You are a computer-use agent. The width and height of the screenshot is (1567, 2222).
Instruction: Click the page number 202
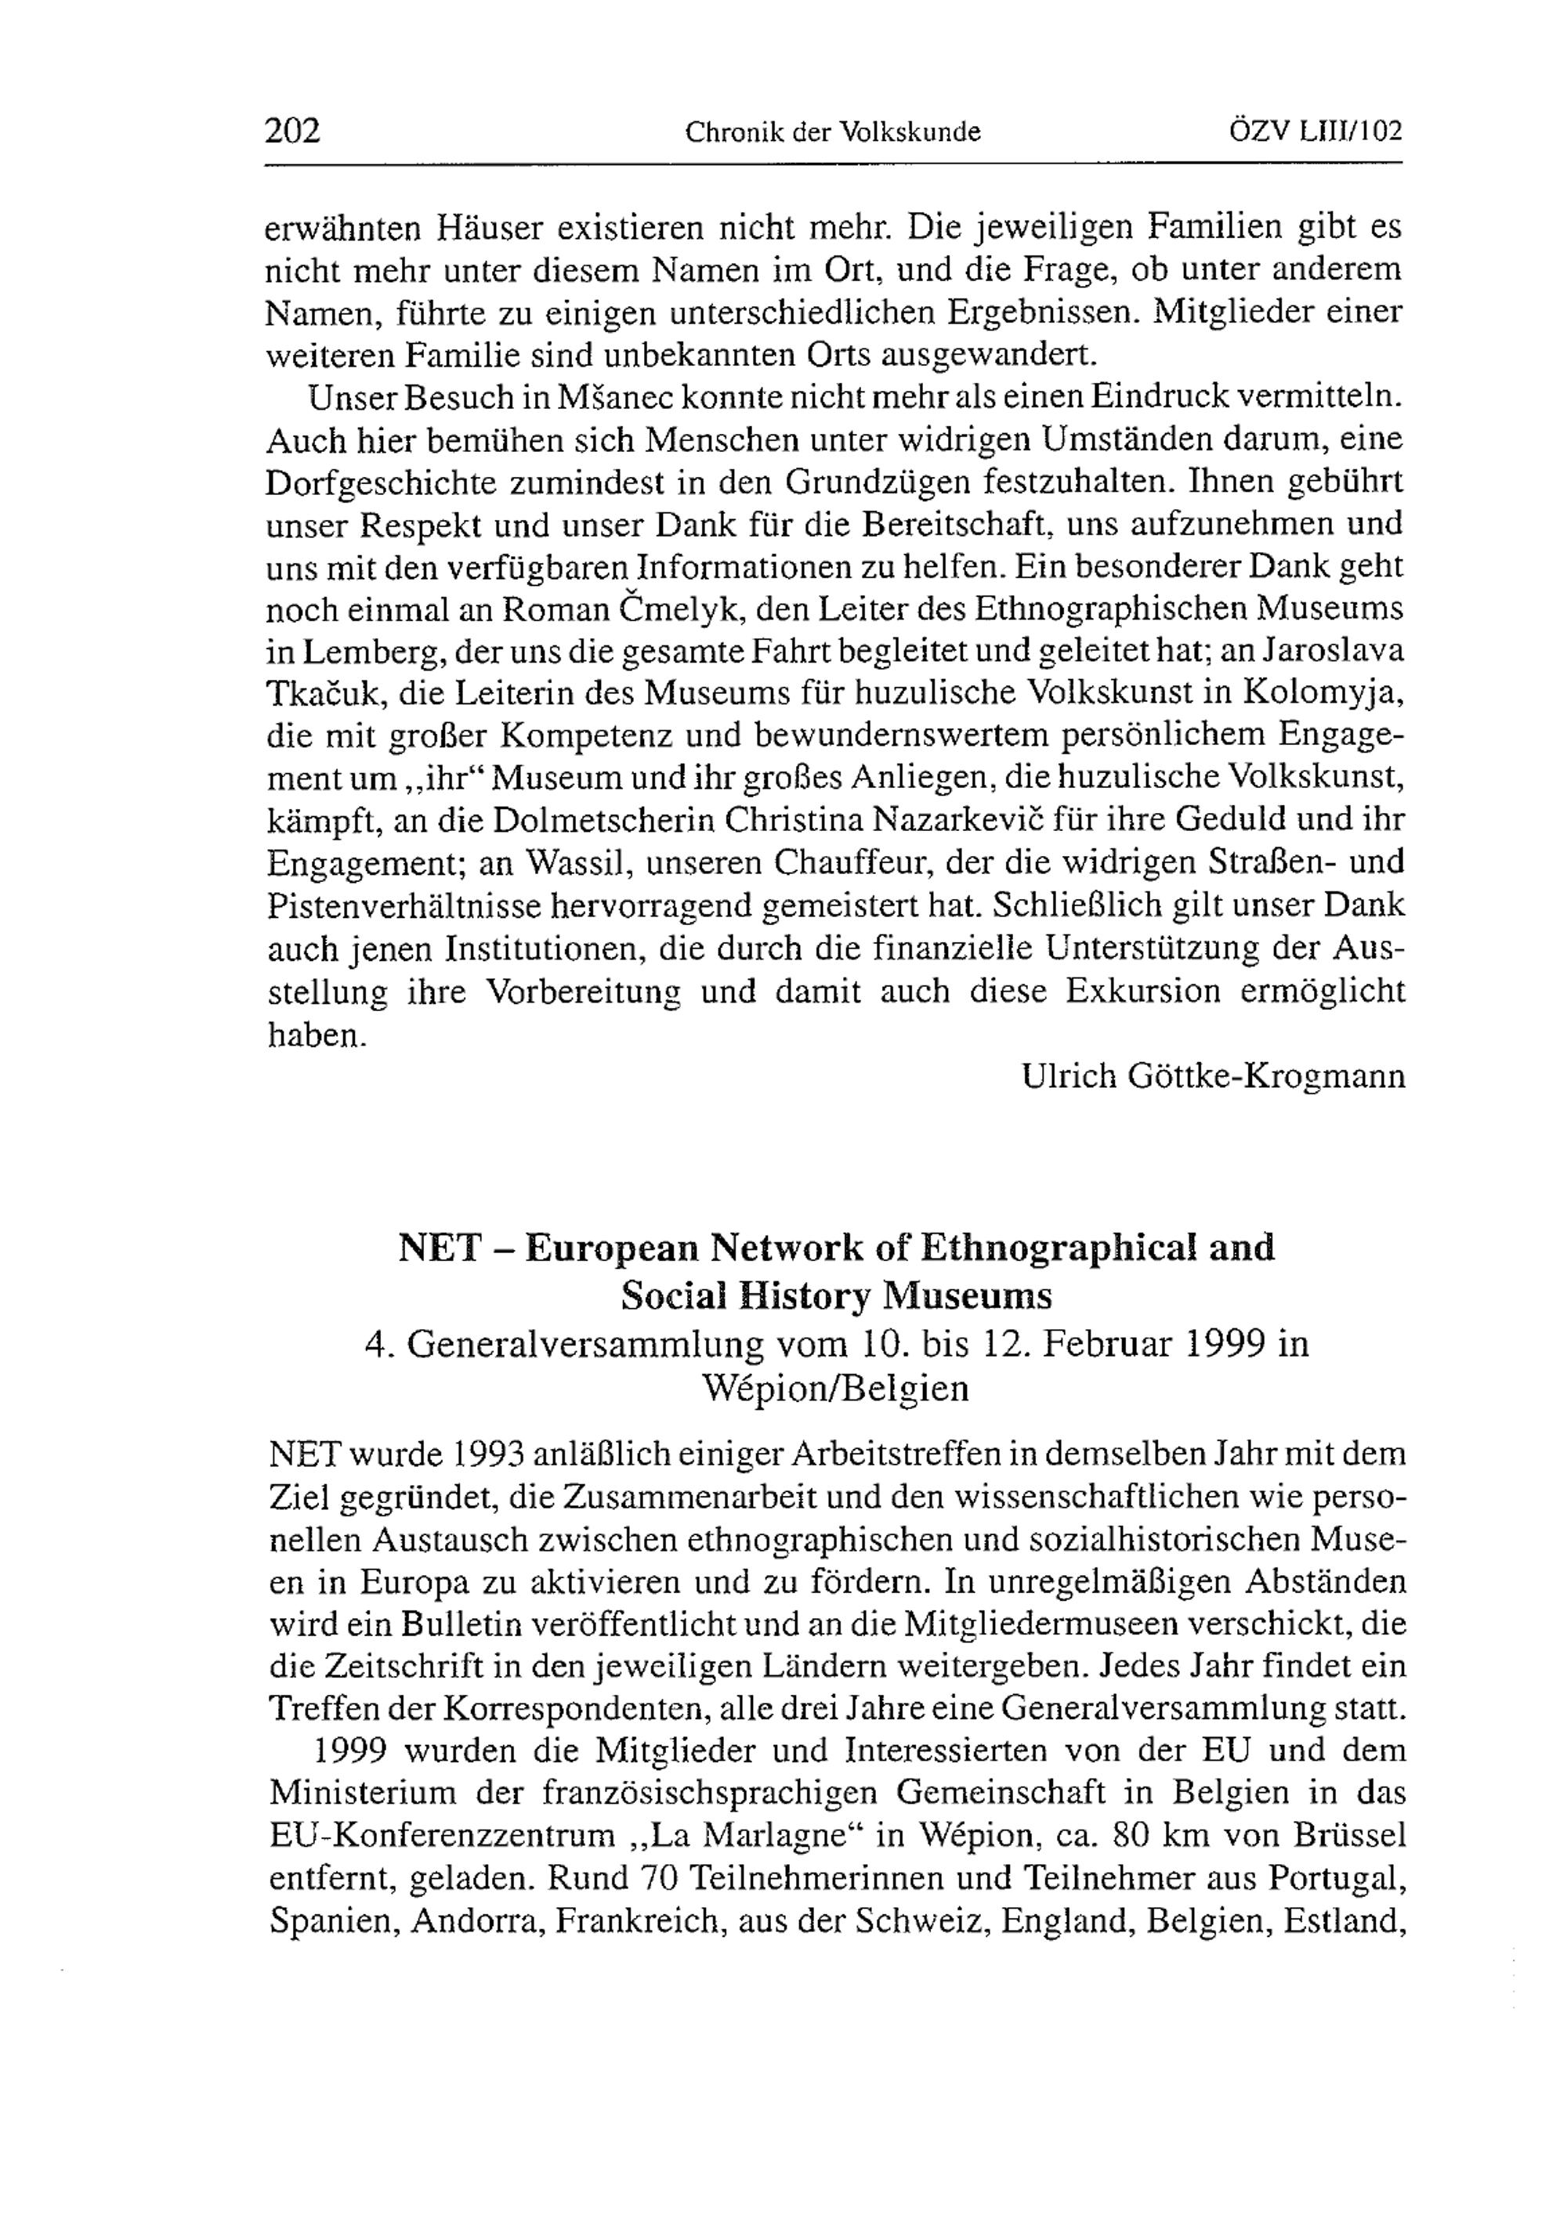point(292,131)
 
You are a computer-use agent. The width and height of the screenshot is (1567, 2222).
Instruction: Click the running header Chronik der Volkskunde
point(832,132)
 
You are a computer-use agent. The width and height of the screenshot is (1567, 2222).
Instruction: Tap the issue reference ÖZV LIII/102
point(1315,131)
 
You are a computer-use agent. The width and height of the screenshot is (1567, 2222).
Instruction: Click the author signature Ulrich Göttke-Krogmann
point(1213,1076)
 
